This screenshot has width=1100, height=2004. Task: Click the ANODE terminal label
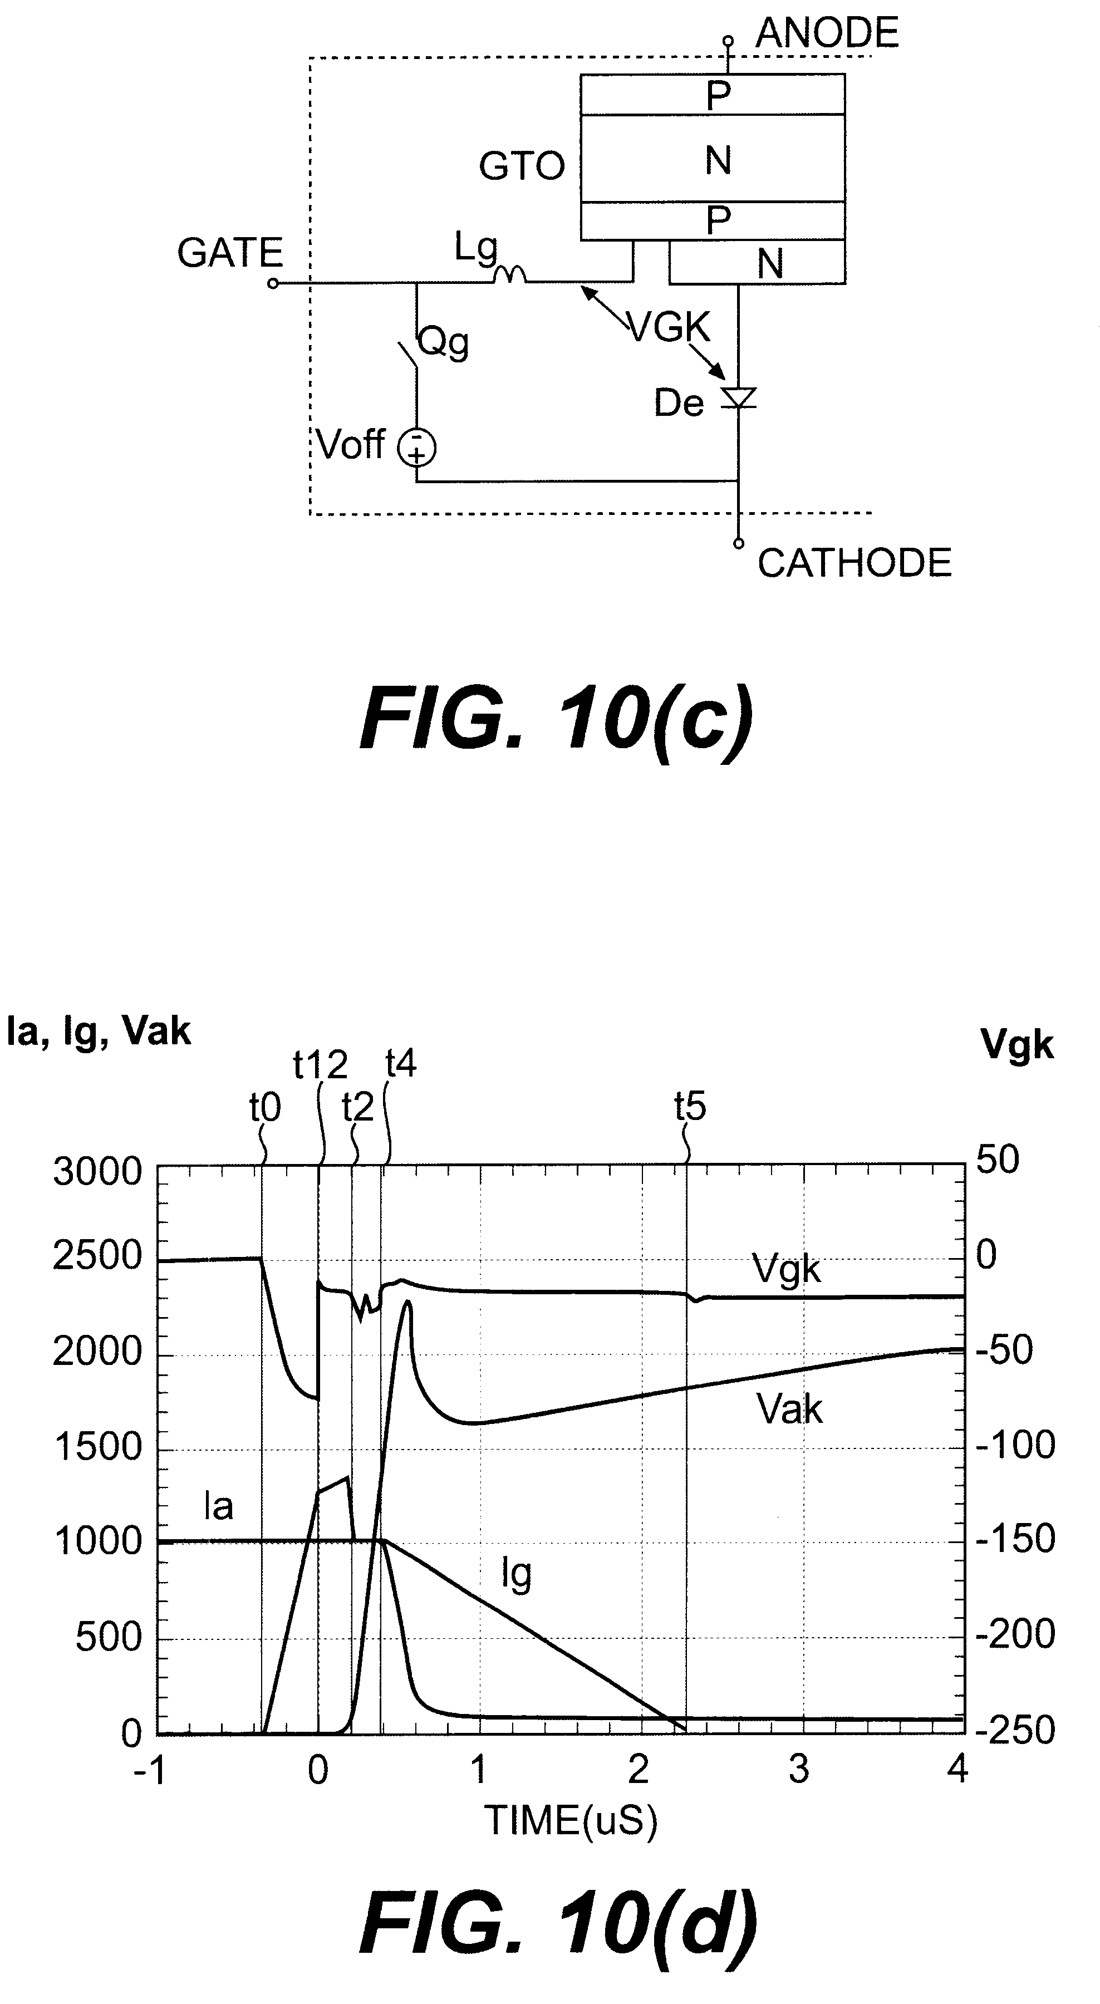tap(827, 34)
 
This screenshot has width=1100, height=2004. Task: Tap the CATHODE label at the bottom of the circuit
tap(854, 563)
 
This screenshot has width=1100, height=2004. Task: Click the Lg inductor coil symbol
tap(509, 274)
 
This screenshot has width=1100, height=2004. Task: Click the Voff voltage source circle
tap(417, 448)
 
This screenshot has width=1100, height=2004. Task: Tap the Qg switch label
tap(444, 342)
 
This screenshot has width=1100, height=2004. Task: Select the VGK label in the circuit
tap(669, 327)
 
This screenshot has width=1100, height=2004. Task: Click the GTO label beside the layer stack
tap(521, 166)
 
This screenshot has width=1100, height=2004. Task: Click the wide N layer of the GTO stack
tap(717, 160)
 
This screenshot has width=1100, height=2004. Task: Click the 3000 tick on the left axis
tap(97, 1172)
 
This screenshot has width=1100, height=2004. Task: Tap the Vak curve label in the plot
tap(789, 1409)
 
